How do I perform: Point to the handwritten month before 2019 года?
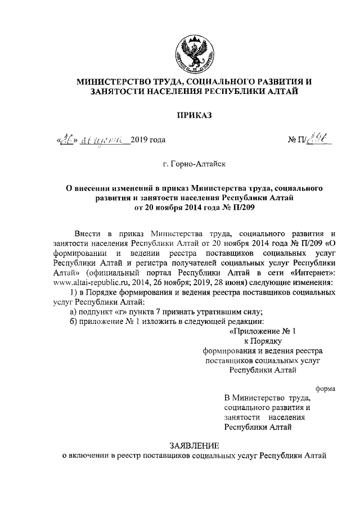click(x=102, y=139)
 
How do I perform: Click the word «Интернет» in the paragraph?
click(x=313, y=272)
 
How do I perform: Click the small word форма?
click(x=325, y=388)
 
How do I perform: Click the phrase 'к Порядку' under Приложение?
click(x=262, y=340)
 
